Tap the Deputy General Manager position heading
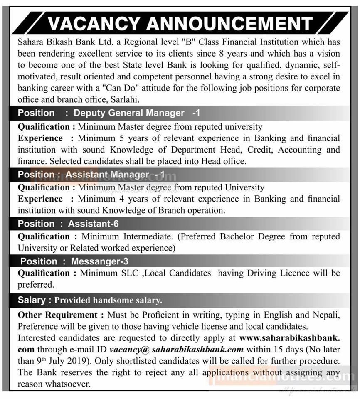(129, 113)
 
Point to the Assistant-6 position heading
(94, 224)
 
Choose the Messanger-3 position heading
(99, 261)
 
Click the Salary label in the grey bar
(32, 300)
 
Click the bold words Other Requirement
(57, 315)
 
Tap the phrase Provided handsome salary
(108, 300)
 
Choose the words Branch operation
(192, 210)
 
